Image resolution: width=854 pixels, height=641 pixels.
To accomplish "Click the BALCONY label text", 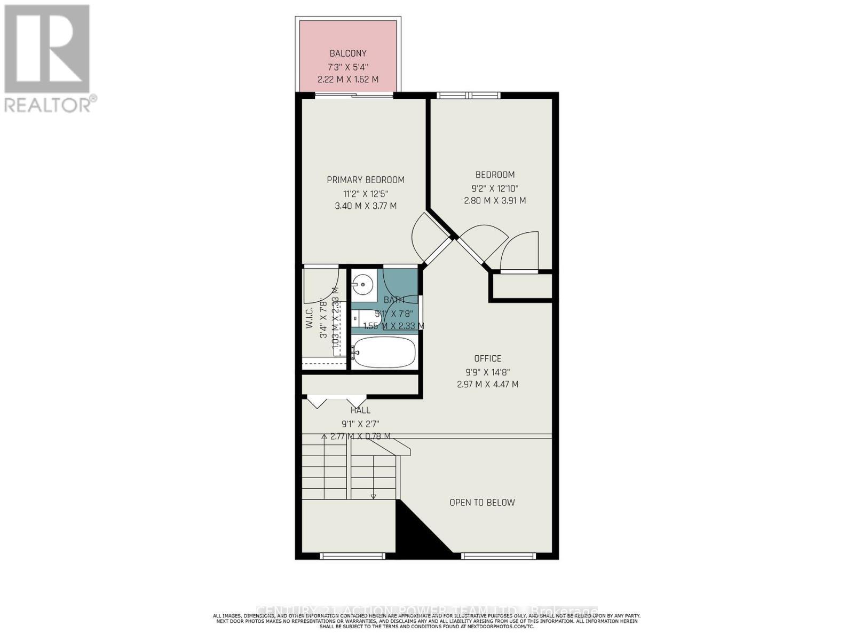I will (x=348, y=53).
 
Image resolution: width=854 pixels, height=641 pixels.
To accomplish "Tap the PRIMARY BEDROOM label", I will (x=366, y=180).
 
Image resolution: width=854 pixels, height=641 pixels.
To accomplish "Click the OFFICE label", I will (x=487, y=358).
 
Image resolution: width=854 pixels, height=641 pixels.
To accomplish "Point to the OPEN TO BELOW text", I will (x=482, y=503).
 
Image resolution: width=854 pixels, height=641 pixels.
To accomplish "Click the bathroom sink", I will (x=363, y=284).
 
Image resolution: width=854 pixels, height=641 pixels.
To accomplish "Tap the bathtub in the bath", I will (x=384, y=352).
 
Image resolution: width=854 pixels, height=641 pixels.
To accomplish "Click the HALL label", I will (x=360, y=410).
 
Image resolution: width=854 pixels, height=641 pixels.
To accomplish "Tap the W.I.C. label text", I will (x=309, y=317).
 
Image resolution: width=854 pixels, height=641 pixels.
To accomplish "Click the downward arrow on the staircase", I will (x=373, y=497).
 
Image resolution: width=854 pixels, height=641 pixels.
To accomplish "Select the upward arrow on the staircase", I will (x=324, y=436).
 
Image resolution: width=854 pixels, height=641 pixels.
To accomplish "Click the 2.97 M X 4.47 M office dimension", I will (x=487, y=384).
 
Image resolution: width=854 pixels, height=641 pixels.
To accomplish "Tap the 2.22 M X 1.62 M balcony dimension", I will (x=348, y=79).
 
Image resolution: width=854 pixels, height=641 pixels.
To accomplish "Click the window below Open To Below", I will (x=498, y=556).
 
